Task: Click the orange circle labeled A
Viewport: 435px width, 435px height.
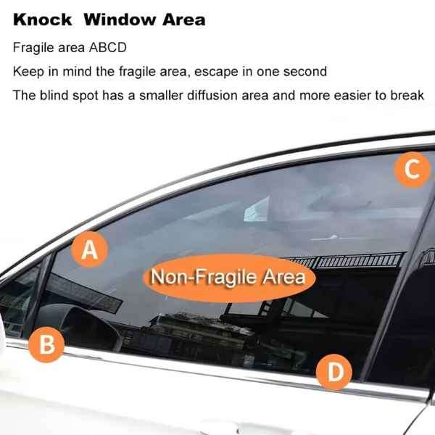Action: [x=90, y=250]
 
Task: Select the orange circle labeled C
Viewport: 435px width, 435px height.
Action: [x=412, y=170]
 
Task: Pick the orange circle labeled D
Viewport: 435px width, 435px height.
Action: [x=335, y=373]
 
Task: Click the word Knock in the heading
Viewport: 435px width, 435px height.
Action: [x=42, y=20]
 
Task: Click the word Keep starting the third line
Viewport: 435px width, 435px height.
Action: [x=27, y=71]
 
